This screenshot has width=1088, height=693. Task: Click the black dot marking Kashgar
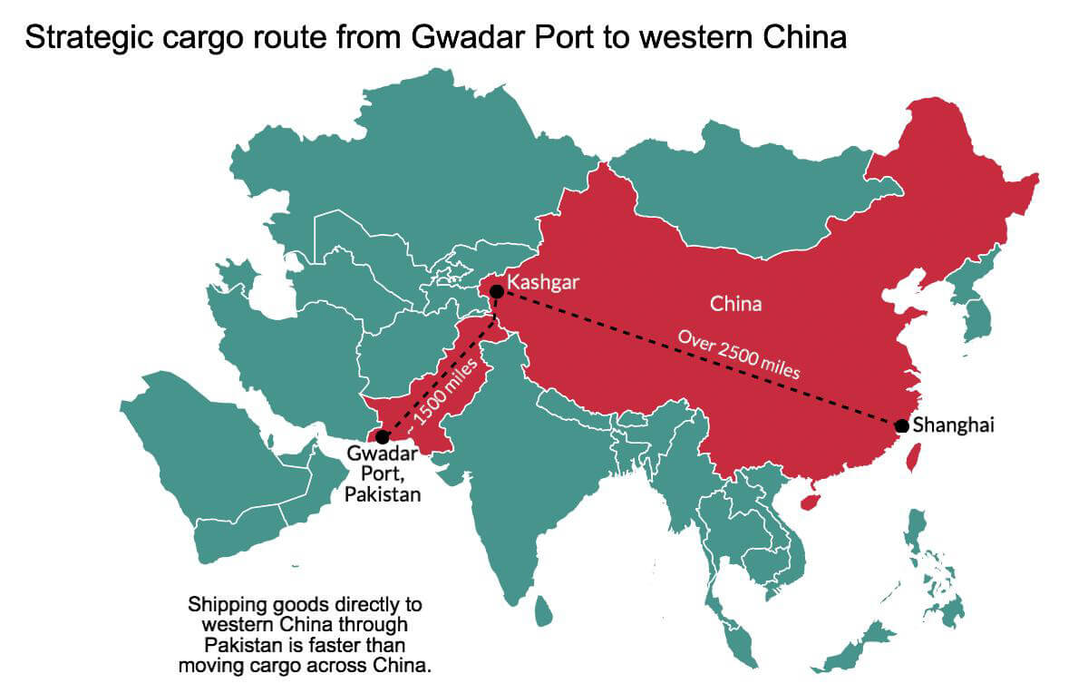497,291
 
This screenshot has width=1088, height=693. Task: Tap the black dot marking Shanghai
901,426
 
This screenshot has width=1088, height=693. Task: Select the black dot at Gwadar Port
383,437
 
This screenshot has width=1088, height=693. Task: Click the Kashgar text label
542,282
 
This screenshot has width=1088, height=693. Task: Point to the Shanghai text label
954,425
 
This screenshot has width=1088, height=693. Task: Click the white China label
735,304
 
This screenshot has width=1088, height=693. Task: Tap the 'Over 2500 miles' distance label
739,355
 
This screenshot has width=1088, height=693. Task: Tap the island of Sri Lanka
543,610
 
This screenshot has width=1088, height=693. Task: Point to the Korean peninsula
975,313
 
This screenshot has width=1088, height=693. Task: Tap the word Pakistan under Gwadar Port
383,495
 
